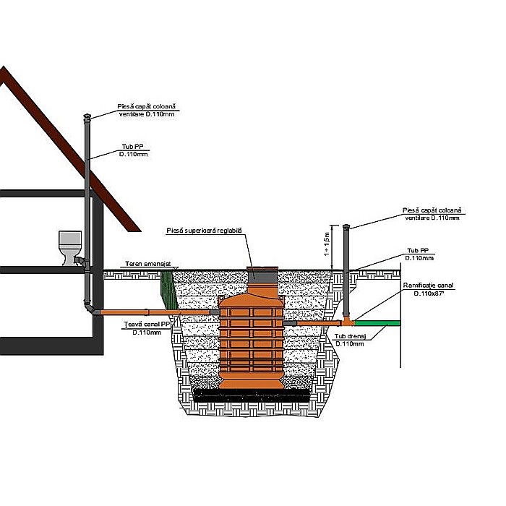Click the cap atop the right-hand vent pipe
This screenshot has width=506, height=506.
[348, 228]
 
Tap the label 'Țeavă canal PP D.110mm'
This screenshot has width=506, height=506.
[136, 328]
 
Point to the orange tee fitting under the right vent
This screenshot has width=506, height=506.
[348, 319]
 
